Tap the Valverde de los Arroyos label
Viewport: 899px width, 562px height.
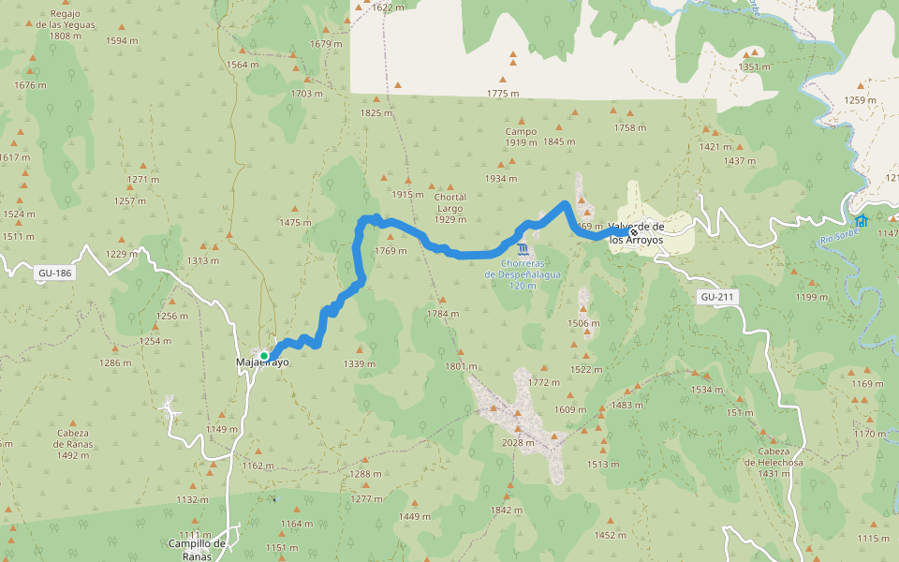636,233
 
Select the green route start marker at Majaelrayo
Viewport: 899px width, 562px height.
264,356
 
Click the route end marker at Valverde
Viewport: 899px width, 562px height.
634,232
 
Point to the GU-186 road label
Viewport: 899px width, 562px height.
53,274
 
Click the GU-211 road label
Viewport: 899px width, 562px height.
717,297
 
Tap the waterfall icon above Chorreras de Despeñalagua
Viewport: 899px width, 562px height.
522,248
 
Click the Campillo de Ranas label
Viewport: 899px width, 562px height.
198,549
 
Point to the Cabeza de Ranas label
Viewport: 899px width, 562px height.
71,444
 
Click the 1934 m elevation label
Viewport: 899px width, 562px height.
500,178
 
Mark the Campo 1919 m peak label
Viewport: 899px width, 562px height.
521,137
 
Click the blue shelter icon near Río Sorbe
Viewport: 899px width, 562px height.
861,221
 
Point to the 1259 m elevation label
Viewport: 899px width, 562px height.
860,100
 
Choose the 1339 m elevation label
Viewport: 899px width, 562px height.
359,363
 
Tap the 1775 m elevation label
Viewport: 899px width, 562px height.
503,93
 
